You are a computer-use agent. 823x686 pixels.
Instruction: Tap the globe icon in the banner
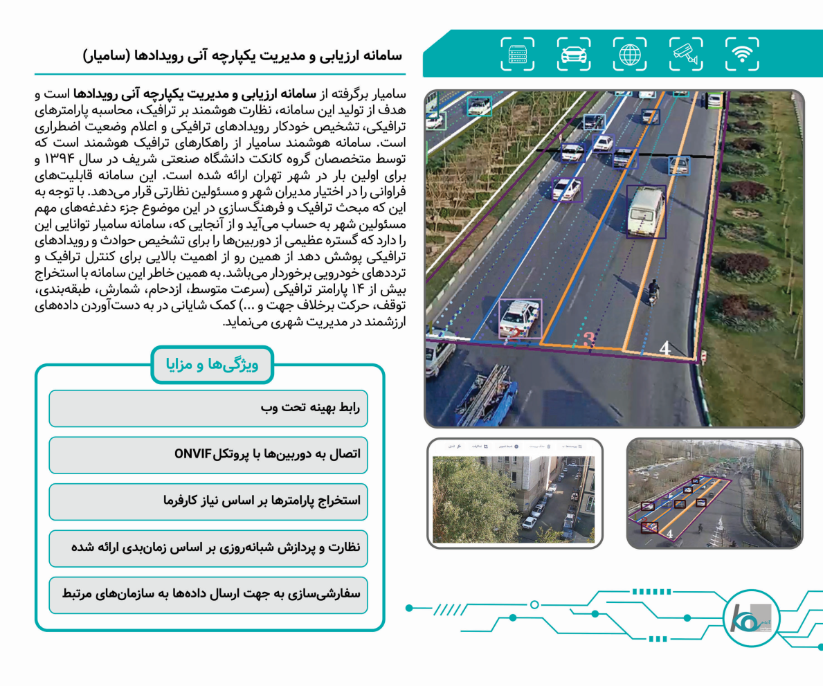point(630,54)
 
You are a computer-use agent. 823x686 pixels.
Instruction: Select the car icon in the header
point(574,54)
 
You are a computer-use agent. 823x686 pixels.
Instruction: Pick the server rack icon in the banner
point(518,54)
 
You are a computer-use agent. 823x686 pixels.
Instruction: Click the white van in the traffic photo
point(645,212)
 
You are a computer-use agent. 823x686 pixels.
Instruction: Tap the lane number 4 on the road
point(665,349)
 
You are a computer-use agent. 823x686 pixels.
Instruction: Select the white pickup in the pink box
point(519,318)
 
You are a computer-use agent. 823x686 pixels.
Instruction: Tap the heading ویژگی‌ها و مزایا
point(212,364)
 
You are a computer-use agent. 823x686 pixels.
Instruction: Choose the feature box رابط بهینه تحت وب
point(208,408)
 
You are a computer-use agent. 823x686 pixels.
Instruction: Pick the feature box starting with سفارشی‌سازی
point(208,595)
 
